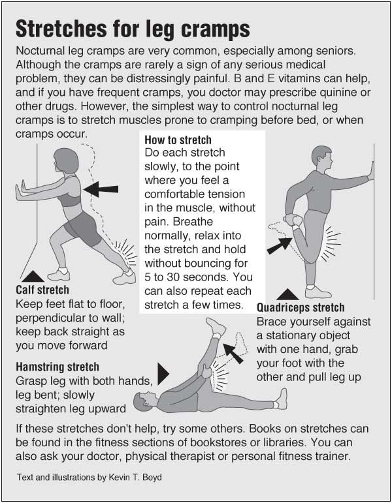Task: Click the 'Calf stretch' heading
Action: [x=42, y=290]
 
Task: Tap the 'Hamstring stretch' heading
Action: [x=57, y=367]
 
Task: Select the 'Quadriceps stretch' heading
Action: [x=301, y=308]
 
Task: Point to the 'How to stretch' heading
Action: [x=178, y=140]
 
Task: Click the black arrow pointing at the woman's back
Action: [x=101, y=189]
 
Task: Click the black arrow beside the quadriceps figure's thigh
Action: [x=280, y=246]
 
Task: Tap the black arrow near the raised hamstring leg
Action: [x=233, y=353]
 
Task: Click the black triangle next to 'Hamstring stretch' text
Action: [x=163, y=374]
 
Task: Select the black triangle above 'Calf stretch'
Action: [x=33, y=277]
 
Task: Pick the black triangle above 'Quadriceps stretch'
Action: [x=287, y=294]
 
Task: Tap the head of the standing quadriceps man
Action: [x=321, y=159]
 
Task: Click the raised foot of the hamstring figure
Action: [x=216, y=326]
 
